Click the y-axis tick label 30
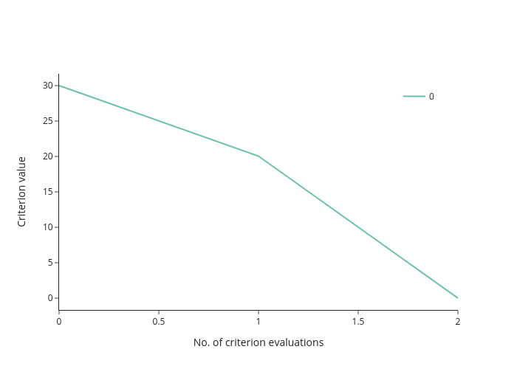[x=48, y=86]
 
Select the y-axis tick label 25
[x=48, y=121]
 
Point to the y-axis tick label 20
[x=48, y=156]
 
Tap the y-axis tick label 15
[x=48, y=192]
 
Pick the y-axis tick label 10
[x=48, y=227]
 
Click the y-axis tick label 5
[x=50, y=263]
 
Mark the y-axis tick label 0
[x=50, y=298]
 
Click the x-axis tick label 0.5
[x=159, y=322]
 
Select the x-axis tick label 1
[x=258, y=322]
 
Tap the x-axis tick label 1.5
[x=358, y=322]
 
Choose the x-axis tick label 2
[x=458, y=322]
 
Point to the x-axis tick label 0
[x=59, y=322]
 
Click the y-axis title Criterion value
[x=21, y=192]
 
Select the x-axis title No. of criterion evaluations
[x=258, y=342]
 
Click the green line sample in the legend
[x=414, y=96]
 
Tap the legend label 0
[x=431, y=97]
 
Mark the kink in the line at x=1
[x=258, y=156]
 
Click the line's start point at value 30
[x=59, y=86]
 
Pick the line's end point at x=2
[x=458, y=298]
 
